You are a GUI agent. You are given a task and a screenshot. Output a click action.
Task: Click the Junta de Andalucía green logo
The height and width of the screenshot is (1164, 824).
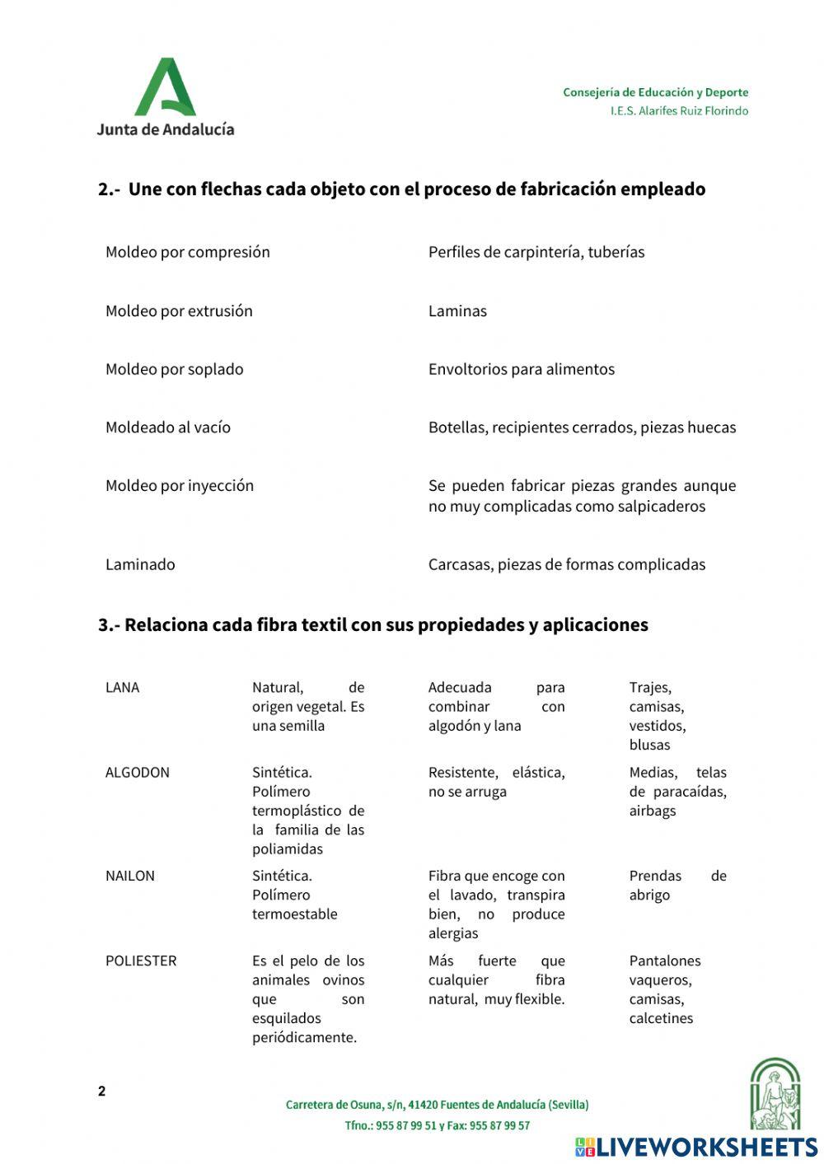pyautogui.click(x=165, y=87)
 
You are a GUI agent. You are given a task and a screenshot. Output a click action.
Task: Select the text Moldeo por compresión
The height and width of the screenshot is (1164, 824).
pyautogui.click(x=187, y=252)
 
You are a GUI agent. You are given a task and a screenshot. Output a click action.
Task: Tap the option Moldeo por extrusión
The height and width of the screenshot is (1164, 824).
pyautogui.click(x=179, y=311)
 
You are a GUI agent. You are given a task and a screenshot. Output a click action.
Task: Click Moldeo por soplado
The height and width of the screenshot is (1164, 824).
pyautogui.click(x=174, y=369)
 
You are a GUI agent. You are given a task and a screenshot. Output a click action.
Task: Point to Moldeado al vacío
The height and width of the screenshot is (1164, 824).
pyautogui.click(x=167, y=427)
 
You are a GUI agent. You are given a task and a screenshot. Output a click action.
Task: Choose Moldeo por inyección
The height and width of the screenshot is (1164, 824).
pyautogui.click(x=179, y=485)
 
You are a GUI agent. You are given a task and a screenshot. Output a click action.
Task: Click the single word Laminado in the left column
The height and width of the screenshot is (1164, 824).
pyautogui.click(x=140, y=564)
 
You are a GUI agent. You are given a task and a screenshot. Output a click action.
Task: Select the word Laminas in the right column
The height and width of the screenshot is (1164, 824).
pyautogui.click(x=457, y=311)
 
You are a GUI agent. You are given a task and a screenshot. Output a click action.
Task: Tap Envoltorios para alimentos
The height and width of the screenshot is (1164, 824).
pyautogui.click(x=521, y=369)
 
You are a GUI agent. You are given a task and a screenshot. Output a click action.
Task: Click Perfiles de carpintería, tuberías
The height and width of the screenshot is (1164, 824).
pyautogui.click(x=536, y=252)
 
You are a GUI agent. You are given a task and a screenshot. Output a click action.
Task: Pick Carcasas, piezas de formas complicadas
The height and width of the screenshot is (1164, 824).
pyautogui.click(x=566, y=564)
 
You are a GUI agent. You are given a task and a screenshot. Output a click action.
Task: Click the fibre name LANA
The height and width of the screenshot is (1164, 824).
pyautogui.click(x=122, y=687)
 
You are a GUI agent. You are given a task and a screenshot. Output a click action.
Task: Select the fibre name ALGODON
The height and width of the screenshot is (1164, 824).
pyautogui.click(x=137, y=772)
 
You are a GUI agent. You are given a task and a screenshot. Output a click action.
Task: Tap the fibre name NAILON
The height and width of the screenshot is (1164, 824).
pyautogui.click(x=129, y=876)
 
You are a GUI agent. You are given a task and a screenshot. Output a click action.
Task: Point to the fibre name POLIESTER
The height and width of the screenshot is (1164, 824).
pyautogui.click(x=140, y=961)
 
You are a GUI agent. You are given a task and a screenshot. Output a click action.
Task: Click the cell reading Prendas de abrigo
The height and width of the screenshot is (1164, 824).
pyautogui.click(x=677, y=886)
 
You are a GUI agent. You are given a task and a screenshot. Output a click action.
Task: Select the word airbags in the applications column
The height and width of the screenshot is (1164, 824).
pyautogui.click(x=652, y=811)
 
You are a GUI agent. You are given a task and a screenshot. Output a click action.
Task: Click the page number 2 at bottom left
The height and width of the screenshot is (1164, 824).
pyautogui.click(x=101, y=1092)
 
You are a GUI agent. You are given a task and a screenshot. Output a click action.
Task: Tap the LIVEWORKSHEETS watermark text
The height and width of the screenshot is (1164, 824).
pyautogui.click(x=706, y=1147)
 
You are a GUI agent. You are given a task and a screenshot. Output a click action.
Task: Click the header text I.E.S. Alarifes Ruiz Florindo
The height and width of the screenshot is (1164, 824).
pyautogui.click(x=679, y=111)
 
